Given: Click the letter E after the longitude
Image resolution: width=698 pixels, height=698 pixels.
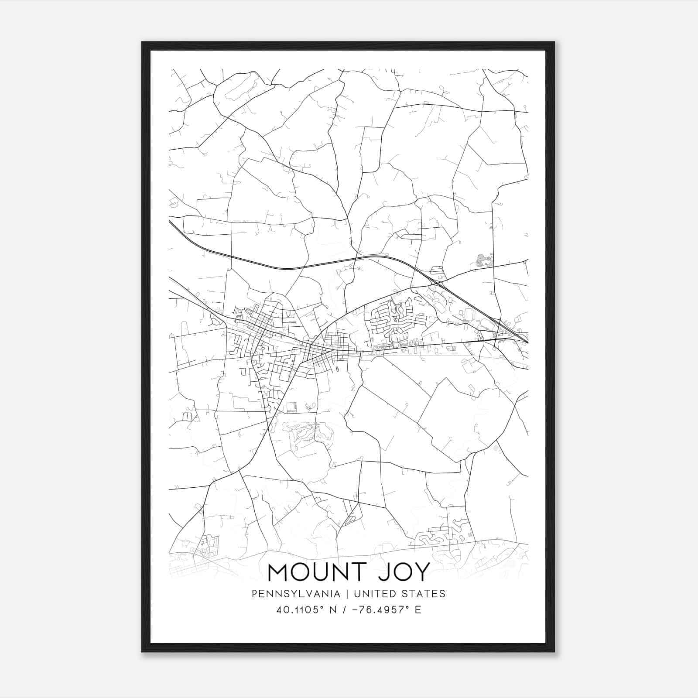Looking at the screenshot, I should coord(418,610).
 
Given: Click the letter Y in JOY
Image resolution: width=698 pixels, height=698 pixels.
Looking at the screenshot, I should coord(421,572).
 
